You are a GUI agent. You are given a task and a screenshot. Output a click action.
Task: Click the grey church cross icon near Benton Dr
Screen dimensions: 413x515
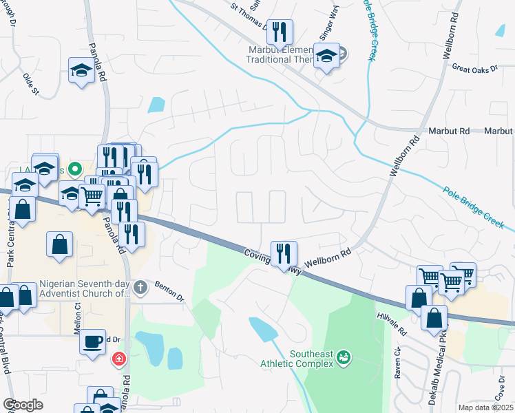point(140,287)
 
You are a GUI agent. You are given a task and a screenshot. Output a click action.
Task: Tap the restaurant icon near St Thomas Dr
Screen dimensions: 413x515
point(279,32)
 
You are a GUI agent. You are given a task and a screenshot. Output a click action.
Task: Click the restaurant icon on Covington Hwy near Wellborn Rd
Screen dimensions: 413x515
point(283,253)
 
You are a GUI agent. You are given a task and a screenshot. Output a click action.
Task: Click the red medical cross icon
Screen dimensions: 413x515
point(118,359)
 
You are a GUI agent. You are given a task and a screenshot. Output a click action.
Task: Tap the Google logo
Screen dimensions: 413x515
point(22,405)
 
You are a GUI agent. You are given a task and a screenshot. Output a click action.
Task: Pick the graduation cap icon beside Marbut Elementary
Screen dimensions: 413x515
point(326,56)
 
